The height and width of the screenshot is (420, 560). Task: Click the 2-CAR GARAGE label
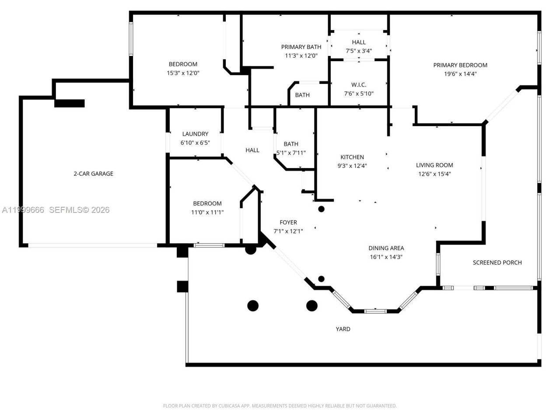point(93,174)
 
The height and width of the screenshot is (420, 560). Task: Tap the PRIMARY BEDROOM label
point(460,65)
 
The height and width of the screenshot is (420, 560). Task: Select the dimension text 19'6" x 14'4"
point(460,74)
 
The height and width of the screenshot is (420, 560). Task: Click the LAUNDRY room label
point(195,134)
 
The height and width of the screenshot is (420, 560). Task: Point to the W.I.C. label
point(359,85)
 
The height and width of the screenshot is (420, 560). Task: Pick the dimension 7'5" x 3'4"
point(359,51)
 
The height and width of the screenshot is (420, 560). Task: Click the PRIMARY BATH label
point(301,47)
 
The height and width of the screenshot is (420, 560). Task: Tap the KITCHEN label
point(352,157)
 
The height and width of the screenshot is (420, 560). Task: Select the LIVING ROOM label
point(434,165)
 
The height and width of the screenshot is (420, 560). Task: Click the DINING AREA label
point(386,248)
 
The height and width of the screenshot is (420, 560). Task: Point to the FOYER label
point(288,222)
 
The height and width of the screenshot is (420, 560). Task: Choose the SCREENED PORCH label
point(497,262)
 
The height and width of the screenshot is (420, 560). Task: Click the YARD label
point(343,329)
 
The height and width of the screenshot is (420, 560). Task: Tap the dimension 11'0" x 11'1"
point(207,212)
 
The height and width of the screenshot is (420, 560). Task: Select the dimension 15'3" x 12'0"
point(183,73)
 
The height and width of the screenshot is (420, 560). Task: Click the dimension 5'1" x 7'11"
point(291,153)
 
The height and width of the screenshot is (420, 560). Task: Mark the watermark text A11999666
point(23,210)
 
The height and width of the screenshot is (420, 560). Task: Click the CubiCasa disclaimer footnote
point(280,406)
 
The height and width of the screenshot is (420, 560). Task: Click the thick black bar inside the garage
point(70,103)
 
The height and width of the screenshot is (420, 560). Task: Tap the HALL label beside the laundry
point(252,150)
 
